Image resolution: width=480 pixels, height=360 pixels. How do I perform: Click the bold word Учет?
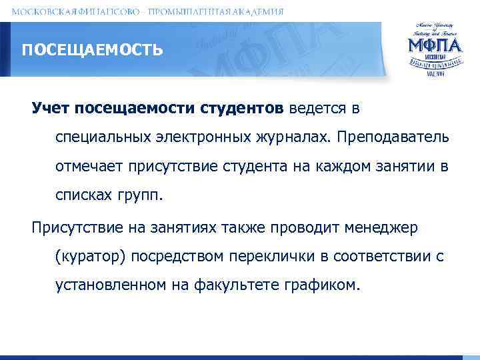click(51, 108)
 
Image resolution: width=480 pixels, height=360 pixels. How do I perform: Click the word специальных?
click(104, 137)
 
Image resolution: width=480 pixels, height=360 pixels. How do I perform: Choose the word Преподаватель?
click(394, 137)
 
